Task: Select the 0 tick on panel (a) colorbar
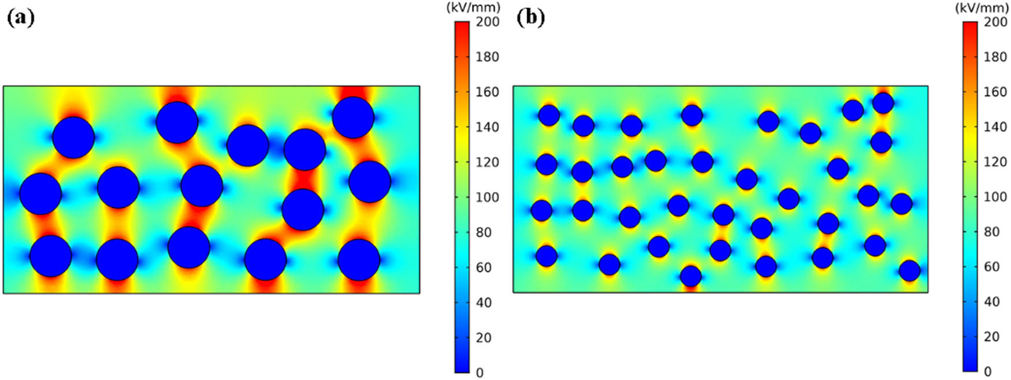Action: point(480,373)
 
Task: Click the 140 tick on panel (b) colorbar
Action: point(995,126)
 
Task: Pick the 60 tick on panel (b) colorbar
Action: point(991,267)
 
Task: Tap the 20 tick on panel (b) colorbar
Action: point(991,337)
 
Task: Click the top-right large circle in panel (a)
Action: point(353,117)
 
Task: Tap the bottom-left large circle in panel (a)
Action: point(51,256)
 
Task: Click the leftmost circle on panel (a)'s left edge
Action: point(40,193)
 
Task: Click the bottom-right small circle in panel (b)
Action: point(909,270)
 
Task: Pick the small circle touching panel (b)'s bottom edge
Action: point(690,276)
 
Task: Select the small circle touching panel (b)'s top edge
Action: point(883,103)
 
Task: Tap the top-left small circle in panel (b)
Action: point(549,115)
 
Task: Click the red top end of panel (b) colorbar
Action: point(970,25)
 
